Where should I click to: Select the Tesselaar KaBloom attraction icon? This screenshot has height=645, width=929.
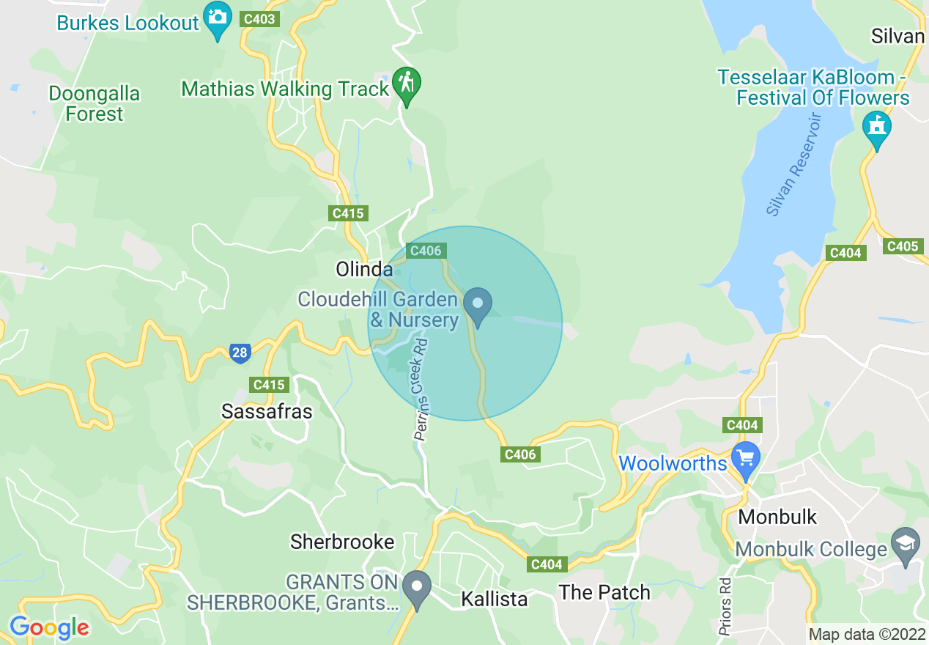(x=876, y=127)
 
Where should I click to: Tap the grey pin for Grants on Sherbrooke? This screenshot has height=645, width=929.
(x=418, y=588)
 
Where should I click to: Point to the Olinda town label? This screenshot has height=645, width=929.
(x=364, y=269)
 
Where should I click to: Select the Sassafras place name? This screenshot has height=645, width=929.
(x=267, y=412)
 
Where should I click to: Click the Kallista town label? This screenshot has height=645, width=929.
(x=494, y=599)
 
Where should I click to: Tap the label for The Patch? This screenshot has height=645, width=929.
(x=604, y=592)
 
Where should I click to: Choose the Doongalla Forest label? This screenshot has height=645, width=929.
(x=95, y=104)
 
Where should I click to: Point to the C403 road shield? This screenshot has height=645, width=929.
(x=259, y=19)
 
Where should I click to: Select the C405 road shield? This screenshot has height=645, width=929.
(x=902, y=246)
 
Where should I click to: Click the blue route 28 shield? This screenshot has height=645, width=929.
(x=240, y=353)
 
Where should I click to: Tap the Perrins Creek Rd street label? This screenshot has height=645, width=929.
(x=421, y=388)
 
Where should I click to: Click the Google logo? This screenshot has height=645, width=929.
(x=49, y=627)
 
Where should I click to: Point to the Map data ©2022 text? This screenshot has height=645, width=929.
(x=865, y=634)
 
